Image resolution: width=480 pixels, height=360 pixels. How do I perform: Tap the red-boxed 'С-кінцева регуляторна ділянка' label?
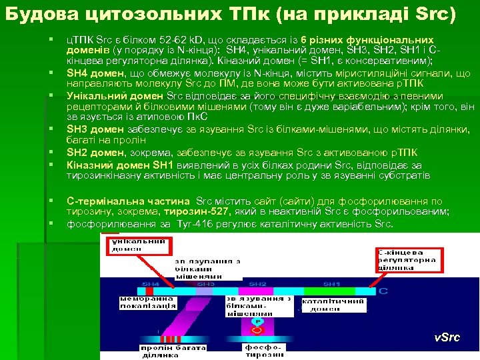coord(407,260)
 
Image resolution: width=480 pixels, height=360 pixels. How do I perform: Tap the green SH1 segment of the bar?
coord(331,285)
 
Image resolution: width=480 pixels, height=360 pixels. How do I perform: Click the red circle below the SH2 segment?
coord(257,322)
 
